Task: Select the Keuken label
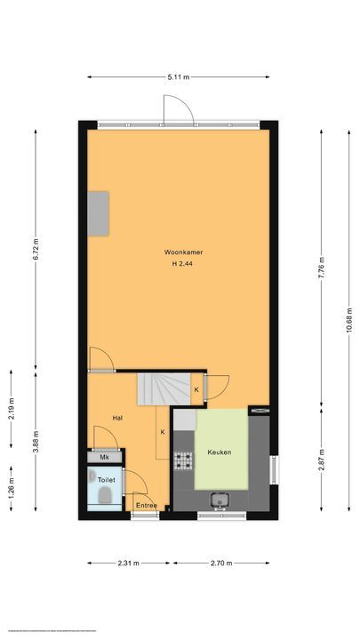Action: coord(220,452)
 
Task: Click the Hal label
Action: coord(116,416)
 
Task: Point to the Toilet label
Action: coord(107,480)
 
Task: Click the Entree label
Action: coord(146,506)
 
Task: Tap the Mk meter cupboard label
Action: coord(104,458)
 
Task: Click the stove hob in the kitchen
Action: coord(183,460)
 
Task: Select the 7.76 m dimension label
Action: coord(323,267)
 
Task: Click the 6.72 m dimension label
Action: coord(36,248)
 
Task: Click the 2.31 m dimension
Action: coord(130,562)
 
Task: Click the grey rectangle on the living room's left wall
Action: coord(99,213)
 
